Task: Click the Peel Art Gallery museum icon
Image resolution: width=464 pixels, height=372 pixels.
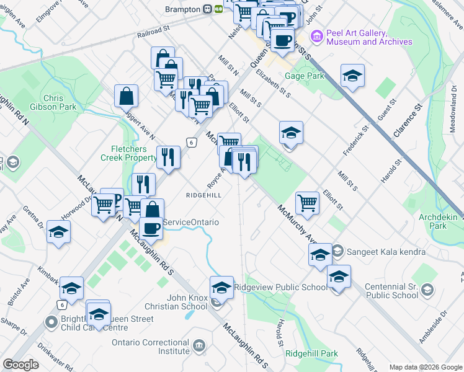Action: pyautogui.click(x=317, y=37)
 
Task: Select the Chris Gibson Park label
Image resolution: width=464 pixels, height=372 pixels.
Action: pyautogui.click(x=60, y=103)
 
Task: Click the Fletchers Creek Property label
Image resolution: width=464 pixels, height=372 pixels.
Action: pyautogui.click(x=128, y=153)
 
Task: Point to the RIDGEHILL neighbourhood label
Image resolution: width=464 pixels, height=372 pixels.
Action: pyautogui.click(x=204, y=194)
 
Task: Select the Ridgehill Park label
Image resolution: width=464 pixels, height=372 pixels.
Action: pyautogui.click(x=312, y=353)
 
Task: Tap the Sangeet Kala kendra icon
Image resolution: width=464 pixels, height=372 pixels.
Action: pyautogui.click(x=337, y=252)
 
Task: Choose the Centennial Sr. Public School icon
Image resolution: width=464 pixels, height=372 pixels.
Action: pyautogui.click(x=427, y=290)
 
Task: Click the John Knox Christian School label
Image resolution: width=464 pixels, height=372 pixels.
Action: pyautogui.click(x=177, y=302)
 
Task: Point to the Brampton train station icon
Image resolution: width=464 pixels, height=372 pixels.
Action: pyautogui.click(x=218, y=9)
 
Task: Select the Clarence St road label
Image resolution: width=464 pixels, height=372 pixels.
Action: pyautogui.click(x=407, y=120)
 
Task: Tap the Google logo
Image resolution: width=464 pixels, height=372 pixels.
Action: pyautogui.click(x=21, y=365)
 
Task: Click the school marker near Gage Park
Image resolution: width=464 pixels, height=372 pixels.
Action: pyautogui.click(x=352, y=76)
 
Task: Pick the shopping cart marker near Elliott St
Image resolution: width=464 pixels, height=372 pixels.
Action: pyautogui.click(x=307, y=202)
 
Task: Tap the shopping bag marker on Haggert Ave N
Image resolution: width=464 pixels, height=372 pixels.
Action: pyautogui.click(x=126, y=96)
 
